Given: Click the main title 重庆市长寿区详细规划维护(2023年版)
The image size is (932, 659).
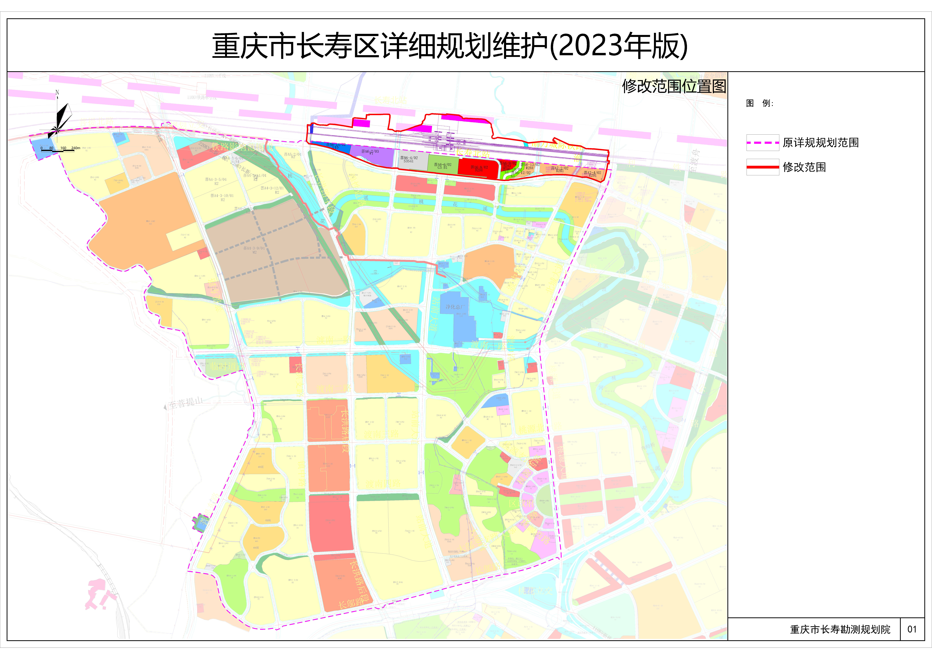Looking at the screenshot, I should click(450, 46).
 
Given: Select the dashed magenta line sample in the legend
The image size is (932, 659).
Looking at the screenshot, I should click(762, 143).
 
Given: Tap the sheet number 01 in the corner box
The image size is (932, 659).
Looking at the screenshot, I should click(912, 629).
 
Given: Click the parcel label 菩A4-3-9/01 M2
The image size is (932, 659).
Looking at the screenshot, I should click(254, 250).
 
